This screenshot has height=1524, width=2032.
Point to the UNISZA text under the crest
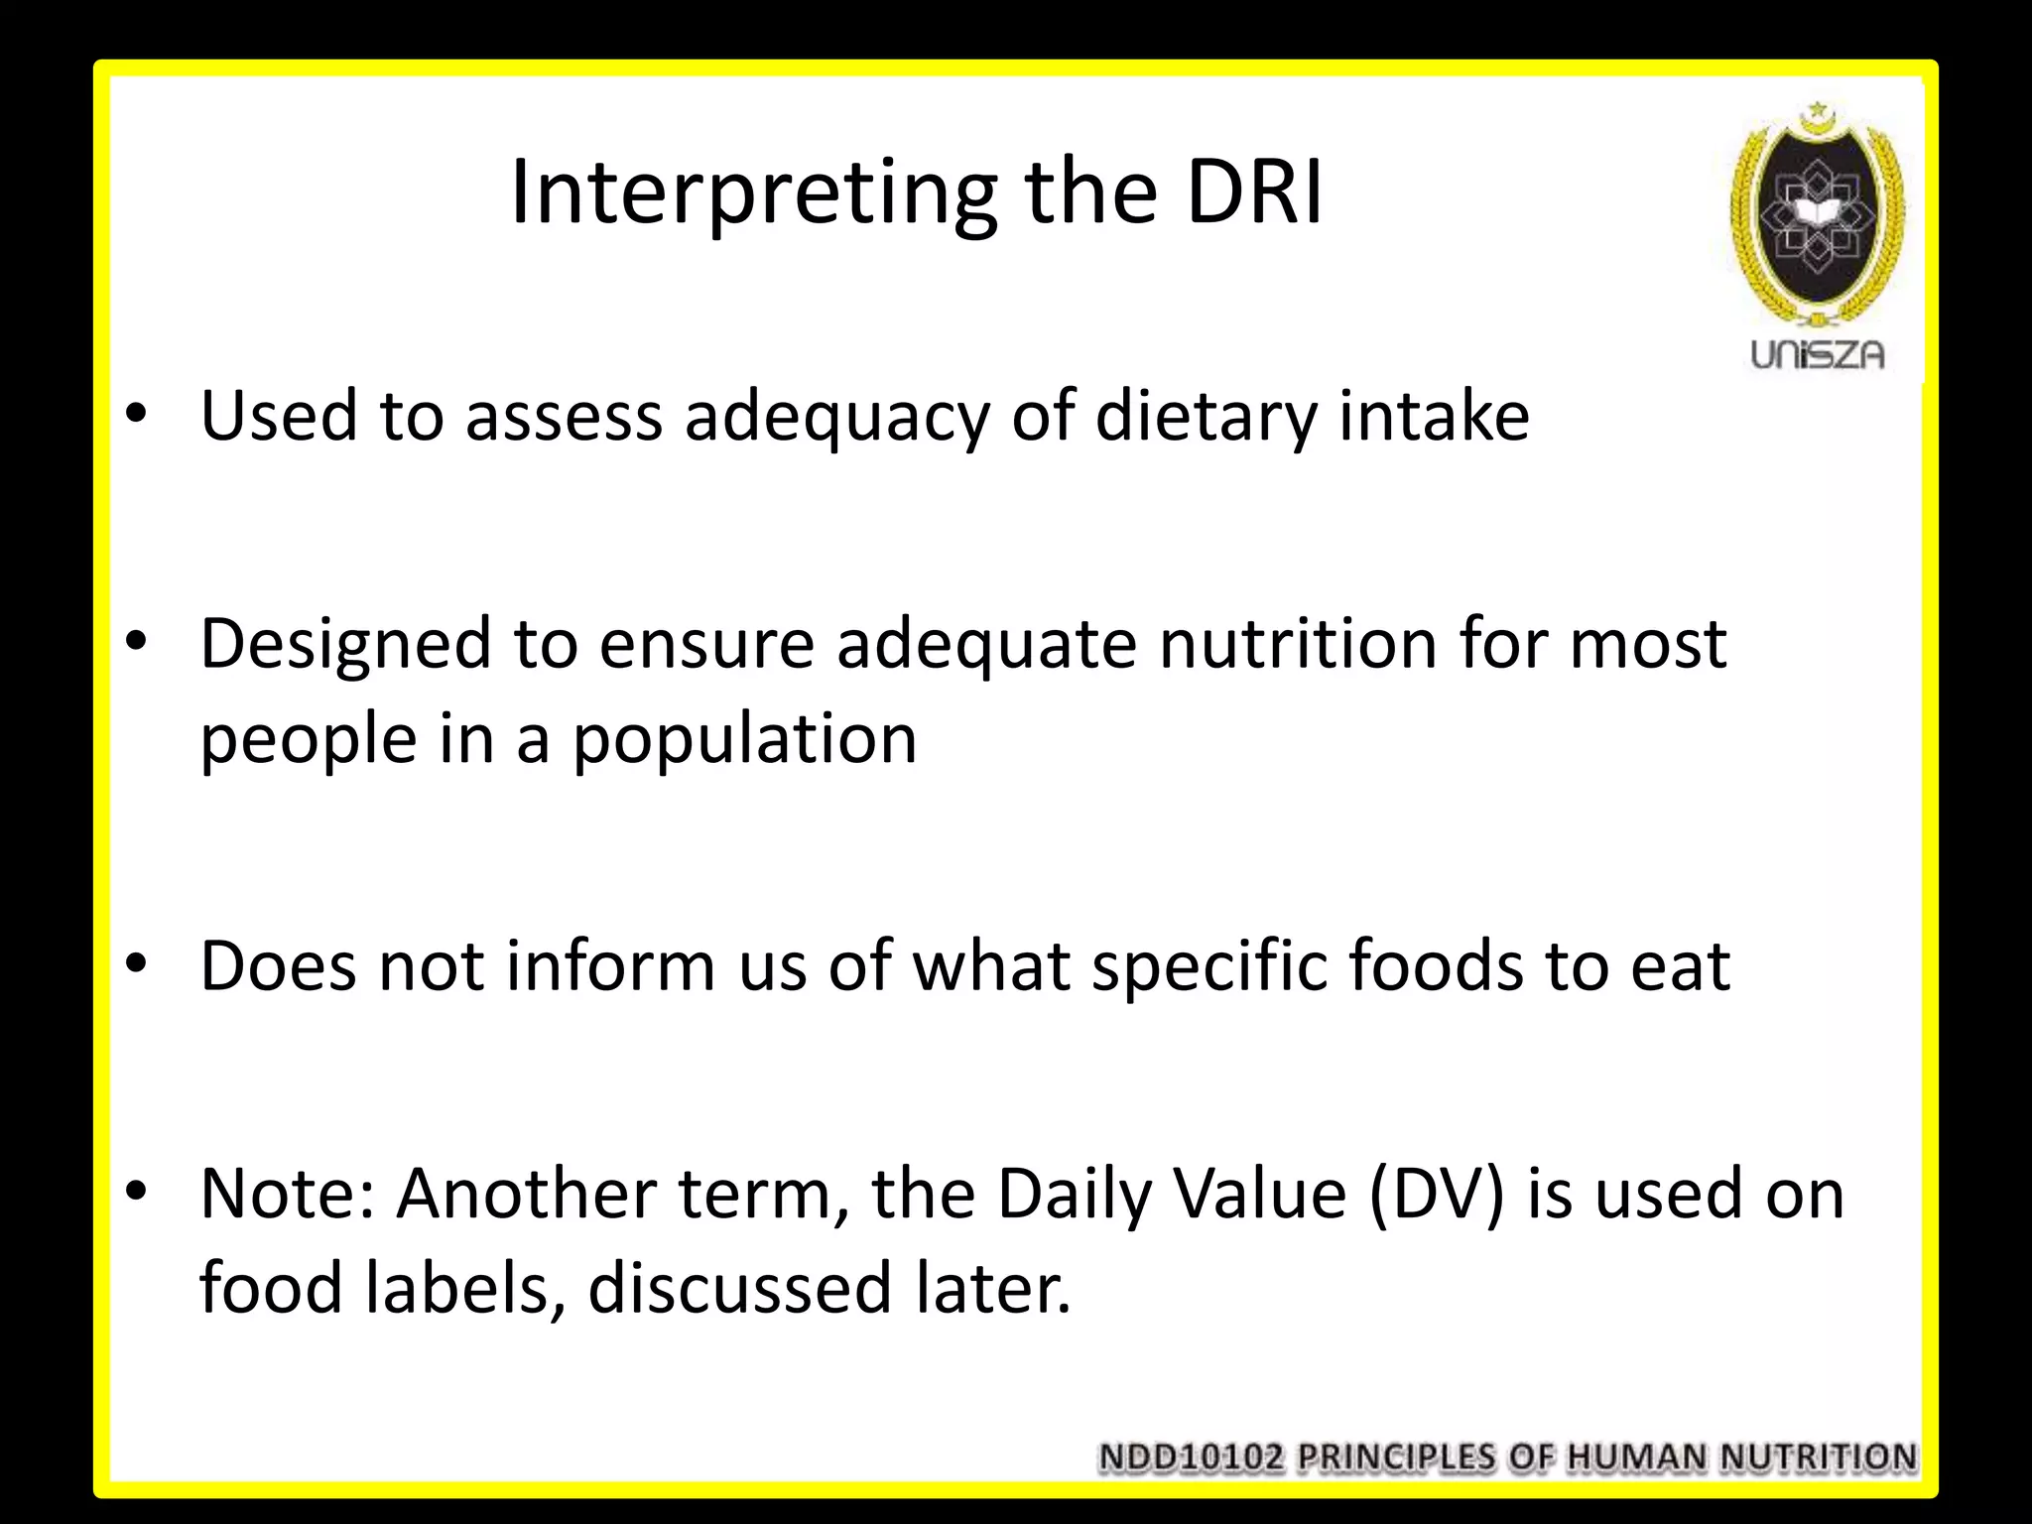(1817, 355)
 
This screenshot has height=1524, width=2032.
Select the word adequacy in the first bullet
(836, 417)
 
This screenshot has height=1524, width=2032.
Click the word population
(745, 740)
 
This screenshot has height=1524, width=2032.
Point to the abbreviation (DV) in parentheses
(1436, 1194)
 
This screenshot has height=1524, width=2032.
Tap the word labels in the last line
(457, 1289)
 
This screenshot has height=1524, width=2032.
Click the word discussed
(740, 1289)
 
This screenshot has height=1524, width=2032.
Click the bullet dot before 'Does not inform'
(137, 962)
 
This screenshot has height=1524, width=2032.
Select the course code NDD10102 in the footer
(1191, 1458)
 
